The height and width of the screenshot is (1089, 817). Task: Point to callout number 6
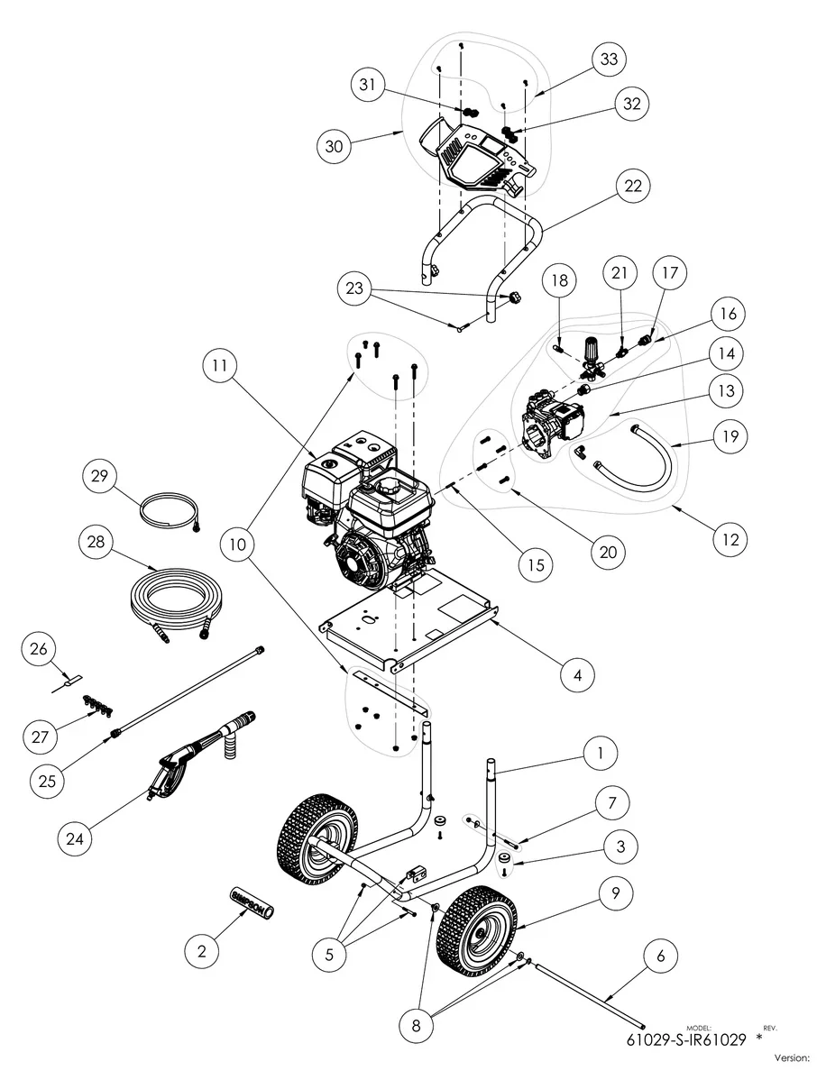click(x=661, y=956)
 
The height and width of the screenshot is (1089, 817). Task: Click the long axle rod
click(x=591, y=994)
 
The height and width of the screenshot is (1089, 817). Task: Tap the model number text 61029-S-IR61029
click(x=685, y=1039)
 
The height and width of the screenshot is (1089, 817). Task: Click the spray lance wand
click(x=189, y=690)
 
